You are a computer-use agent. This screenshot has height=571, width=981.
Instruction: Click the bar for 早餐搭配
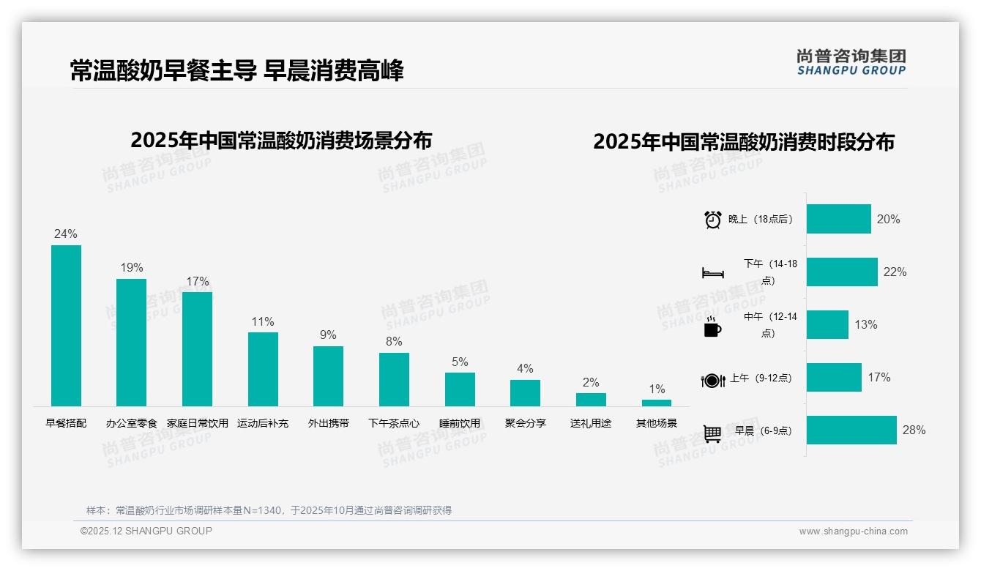click(x=66, y=326)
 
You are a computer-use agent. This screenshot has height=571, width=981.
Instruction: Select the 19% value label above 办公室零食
click(x=132, y=268)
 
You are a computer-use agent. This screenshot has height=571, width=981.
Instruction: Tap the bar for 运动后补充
click(x=263, y=369)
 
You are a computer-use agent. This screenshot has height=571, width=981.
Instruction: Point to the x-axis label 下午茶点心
click(x=394, y=423)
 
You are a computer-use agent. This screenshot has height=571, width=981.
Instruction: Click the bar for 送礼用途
click(x=591, y=400)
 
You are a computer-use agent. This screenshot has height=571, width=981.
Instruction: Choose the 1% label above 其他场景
click(x=657, y=389)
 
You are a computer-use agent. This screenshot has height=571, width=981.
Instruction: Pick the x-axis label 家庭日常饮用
click(x=198, y=423)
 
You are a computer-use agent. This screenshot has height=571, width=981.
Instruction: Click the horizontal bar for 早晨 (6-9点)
click(x=851, y=430)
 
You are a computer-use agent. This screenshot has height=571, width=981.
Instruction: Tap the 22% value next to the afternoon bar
click(x=895, y=272)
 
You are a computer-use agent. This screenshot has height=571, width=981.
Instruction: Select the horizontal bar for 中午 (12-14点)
click(x=827, y=325)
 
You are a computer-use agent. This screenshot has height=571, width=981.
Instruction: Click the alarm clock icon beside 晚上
click(x=713, y=220)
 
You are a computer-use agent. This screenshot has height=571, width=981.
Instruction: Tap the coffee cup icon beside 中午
click(x=712, y=327)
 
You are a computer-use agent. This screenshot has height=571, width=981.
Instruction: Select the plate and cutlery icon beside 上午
click(x=713, y=380)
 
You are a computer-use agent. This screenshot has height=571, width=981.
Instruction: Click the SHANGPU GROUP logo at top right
click(x=851, y=62)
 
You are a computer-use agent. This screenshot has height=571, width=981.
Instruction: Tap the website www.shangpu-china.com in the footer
click(x=853, y=531)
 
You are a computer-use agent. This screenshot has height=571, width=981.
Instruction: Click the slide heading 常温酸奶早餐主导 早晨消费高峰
click(x=236, y=71)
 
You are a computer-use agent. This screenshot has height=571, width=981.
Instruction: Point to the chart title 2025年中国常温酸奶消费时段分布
click(x=744, y=142)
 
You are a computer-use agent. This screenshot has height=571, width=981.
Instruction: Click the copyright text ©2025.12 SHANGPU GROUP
click(x=146, y=531)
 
